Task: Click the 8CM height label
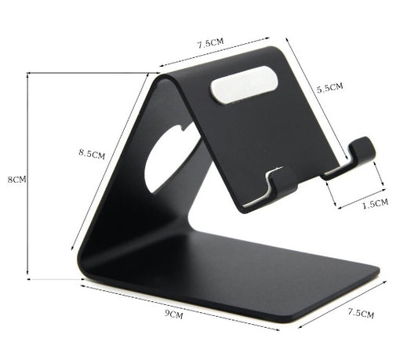point(16,180)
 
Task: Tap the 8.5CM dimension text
point(92,154)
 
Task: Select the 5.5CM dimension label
point(329,89)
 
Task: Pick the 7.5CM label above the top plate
point(211,43)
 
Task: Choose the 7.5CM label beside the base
point(361,314)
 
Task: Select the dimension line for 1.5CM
point(359,196)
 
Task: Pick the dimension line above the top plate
point(213,53)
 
